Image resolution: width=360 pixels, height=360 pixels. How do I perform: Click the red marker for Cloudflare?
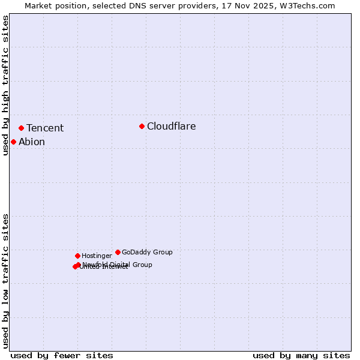(142, 126)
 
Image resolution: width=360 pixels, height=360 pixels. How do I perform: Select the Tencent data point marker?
(21, 128)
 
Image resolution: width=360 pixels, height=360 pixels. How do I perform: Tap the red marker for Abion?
(13, 142)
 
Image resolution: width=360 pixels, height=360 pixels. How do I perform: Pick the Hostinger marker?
(77, 256)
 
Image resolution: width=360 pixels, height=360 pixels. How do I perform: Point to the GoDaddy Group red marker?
(118, 252)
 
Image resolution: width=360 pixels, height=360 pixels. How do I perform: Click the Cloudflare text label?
(171, 126)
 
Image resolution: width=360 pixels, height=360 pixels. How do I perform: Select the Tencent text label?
(45, 128)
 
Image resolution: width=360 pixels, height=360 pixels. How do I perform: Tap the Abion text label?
(32, 142)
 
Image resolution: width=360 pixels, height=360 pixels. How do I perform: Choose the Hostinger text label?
(97, 256)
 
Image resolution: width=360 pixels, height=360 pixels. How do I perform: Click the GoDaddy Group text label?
(147, 252)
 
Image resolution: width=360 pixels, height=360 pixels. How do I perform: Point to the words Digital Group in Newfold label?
(131, 265)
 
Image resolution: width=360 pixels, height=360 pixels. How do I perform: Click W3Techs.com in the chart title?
(305, 6)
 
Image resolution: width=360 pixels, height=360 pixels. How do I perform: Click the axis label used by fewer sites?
(62, 355)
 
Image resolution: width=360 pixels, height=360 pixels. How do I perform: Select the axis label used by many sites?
(301, 355)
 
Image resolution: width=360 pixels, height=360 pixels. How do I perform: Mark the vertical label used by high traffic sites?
(6, 85)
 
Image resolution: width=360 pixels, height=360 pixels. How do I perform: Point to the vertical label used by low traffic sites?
(6, 281)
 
